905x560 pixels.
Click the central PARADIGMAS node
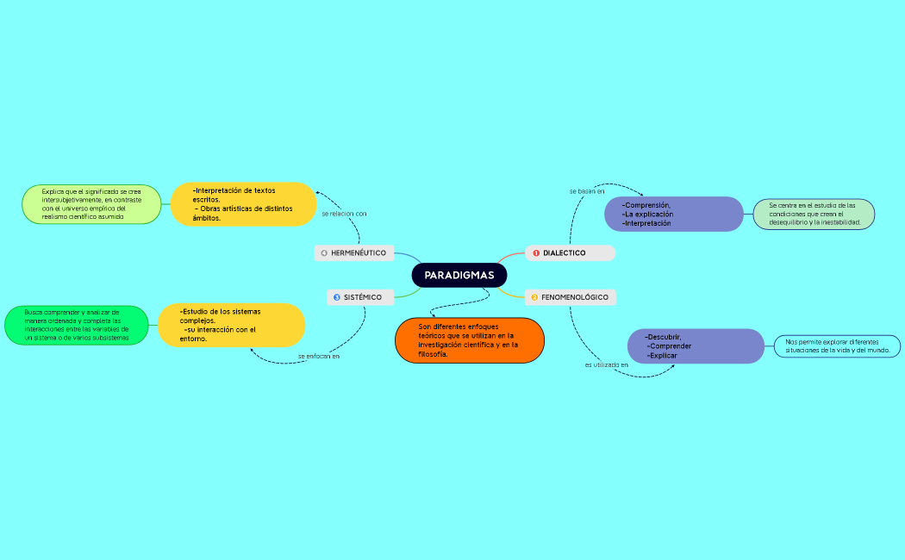[x=459, y=275]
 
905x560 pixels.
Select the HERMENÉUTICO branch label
[x=358, y=253]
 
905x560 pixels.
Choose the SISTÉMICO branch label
[x=362, y=297]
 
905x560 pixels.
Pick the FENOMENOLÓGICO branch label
[x=574, y=297]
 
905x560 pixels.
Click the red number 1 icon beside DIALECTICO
[x=536, y=253]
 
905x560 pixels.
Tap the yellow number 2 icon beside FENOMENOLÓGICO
[x=534, y=297]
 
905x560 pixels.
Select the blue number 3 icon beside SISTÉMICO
[x=337, y=297]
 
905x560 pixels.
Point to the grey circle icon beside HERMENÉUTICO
[x=324, y=253]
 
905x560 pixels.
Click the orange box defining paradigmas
[x=469, y=340]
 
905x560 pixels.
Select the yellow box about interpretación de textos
[x=244, y=204]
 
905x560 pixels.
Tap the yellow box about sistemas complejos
[x=231, y=325]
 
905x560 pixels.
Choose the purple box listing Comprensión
[x=673, y=215]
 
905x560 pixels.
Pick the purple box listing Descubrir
[x=696, y=345]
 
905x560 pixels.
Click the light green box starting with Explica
[x=91, y=204]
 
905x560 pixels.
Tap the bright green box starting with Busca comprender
[x=76, y=325]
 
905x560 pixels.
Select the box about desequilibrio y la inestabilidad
[x=814, y=215]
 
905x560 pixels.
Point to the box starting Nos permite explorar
[x=837, y=346]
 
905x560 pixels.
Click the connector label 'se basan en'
[x=586, y=190]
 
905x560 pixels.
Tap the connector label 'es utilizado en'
[x=606, y=365]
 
